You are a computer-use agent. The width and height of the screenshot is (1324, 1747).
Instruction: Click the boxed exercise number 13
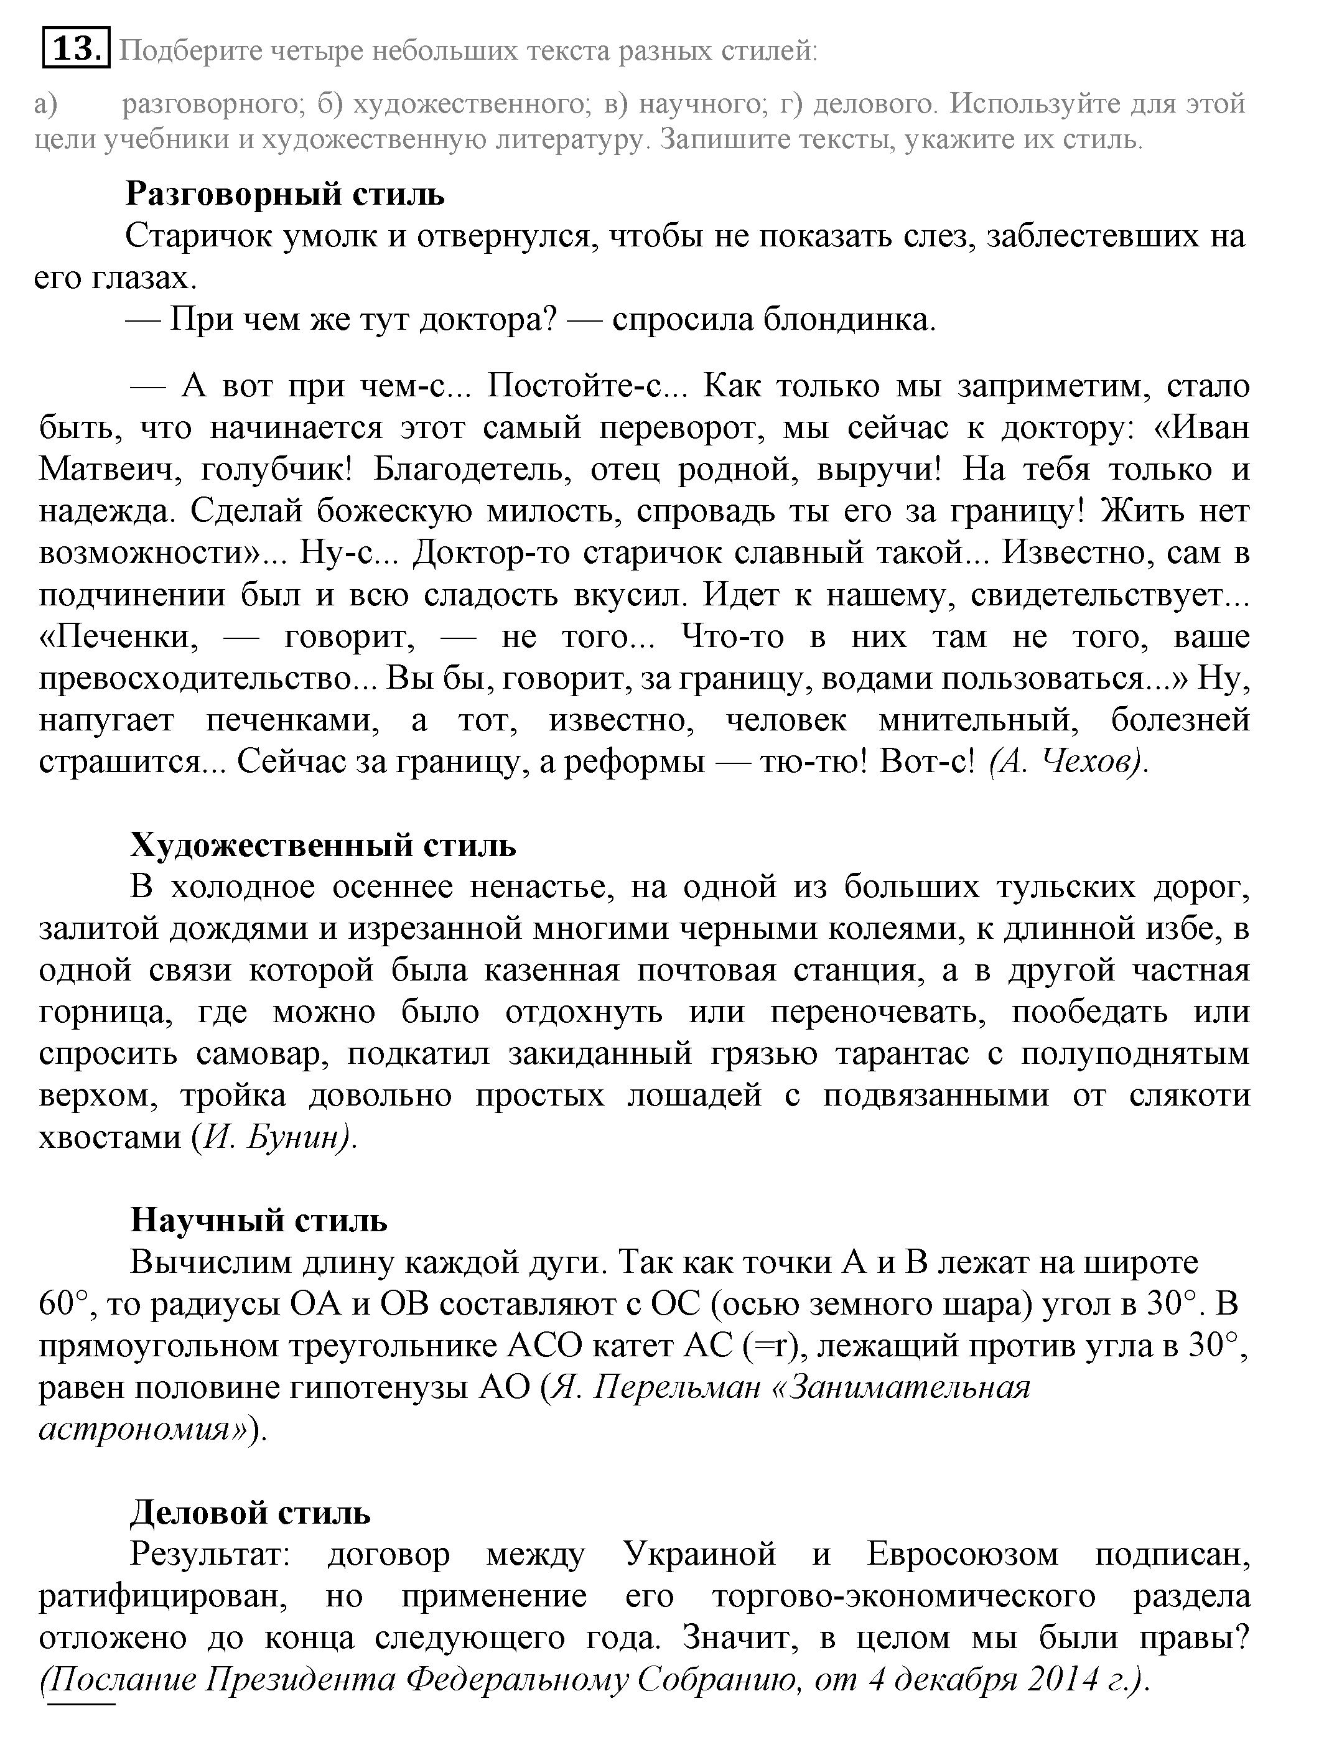pyautogui.click(x=76, y=49)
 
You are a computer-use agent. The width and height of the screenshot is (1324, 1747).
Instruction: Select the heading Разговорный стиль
pyautogui.click(x=284, y=193)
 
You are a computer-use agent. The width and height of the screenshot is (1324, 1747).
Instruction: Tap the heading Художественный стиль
pyautogui.click(x=323, y=845)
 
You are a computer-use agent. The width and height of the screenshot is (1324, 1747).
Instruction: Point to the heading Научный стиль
pyautogui.click(x=259, y=1219)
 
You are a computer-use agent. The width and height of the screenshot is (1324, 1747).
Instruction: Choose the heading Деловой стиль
pyautogui.click(x=249, y=1512)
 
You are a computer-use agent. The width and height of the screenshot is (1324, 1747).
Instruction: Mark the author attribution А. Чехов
pyautogui.click(x=1066, y=762)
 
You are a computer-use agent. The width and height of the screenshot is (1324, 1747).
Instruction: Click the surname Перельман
pyautogui.click(x=676, y=1387)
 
